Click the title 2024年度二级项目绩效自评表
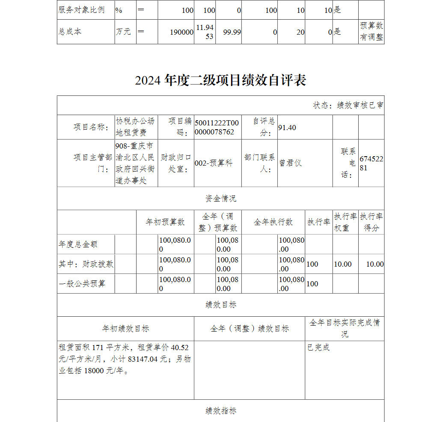(220, 80)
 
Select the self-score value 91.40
(287, 128)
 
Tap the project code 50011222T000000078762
(217, 128)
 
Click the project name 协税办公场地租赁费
(135, 127)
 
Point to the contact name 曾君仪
(291, 163)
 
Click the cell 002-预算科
(214, 163)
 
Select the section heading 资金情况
(220, 199)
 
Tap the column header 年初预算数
(165, 222)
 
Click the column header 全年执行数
(273, 222)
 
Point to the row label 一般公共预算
(82, 284)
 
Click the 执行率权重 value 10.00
(343, 264)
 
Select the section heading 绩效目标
(220, 305)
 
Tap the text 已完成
(318, 348)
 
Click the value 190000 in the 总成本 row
(182, 32)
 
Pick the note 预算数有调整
(371, 32)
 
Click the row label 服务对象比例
(81, 10)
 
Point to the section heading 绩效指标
(220, 411)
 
